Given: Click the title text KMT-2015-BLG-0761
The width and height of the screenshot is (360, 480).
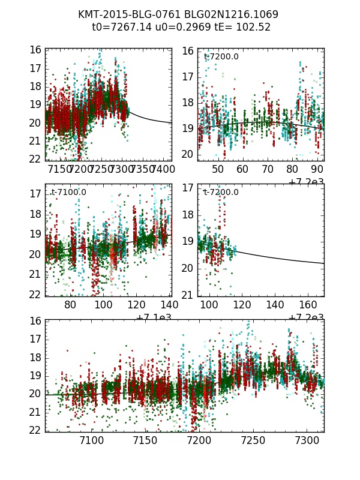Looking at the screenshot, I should (x=124, y=14).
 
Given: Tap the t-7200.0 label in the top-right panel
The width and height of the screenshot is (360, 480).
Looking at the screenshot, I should (x=221, y=56).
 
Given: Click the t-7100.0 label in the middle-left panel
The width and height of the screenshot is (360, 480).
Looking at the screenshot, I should (x=68, y=192).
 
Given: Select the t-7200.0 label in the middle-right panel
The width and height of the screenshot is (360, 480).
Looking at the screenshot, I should (x=221, y=192).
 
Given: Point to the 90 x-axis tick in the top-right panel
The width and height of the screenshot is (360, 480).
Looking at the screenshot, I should (x=316, y=170).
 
